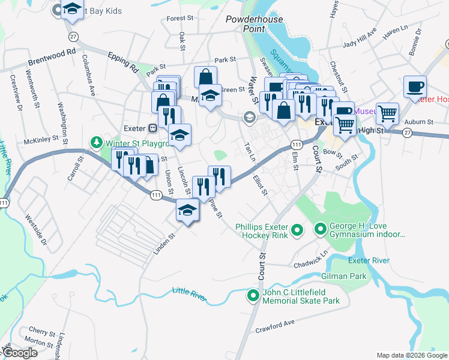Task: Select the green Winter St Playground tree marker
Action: tap(95, 142)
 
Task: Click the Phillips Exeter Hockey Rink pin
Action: tap(296, 230)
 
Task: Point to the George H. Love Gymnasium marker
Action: tap(320, 229)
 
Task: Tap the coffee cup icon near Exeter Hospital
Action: tap(414, 86)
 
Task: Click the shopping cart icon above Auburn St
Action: tap(388, 113)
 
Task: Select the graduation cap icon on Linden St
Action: tap(188, 211)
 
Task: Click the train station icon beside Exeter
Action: tap(153, 127)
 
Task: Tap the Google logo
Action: tap(20, 353)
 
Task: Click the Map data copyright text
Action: tap(411, 355)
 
